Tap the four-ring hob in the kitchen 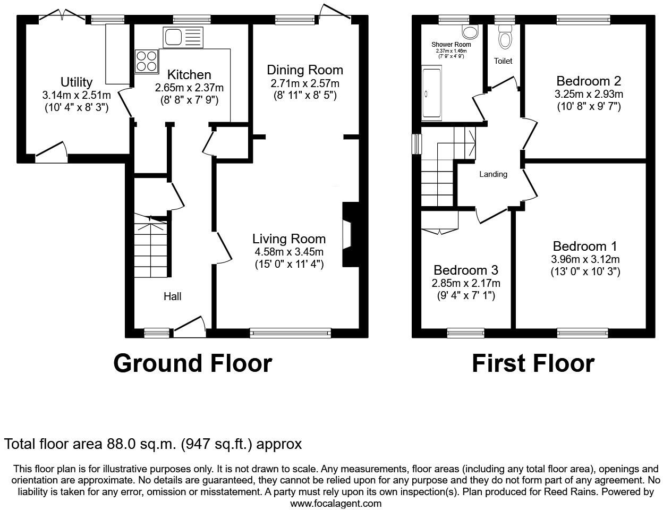click(x=147, y=61)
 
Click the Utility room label click(x=76, y=82)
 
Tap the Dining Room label click(x=304, y=70)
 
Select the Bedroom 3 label click(x=465, y=270)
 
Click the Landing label click(x=493, y=174)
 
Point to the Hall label click(x=172, y=296)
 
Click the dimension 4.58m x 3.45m click(x=288, y=252)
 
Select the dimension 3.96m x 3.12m click(x=585, y=259)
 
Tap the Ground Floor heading click(x=192, y=363)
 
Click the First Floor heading click(x=532, y=363)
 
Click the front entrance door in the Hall click(x=190, y=326)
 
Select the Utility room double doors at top click(x=63, y=16)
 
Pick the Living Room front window click(x=290, y=333)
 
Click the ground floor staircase click(x=151, y=249)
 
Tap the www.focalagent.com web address click(x=336, y=503)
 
